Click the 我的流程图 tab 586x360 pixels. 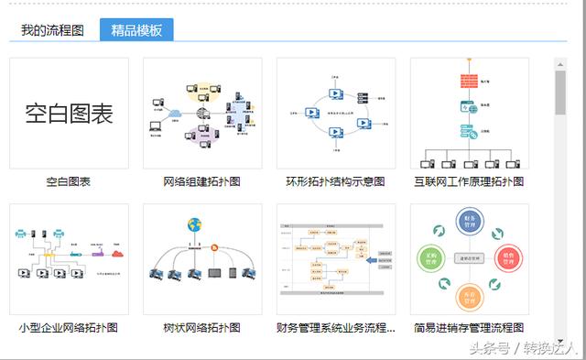point(52,30)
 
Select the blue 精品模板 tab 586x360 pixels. point(136,30)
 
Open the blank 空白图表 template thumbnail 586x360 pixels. point(69,114)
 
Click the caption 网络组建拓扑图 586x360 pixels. point(202,181)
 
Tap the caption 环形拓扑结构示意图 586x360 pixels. point(336,181)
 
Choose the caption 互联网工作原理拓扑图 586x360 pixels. point(469,181)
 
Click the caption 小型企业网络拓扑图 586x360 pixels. point(69,327)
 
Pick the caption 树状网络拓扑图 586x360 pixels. point(202,327)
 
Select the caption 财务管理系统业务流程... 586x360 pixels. point(336,327)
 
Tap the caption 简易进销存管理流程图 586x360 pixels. point(469,327)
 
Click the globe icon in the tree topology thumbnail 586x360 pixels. point(194,225)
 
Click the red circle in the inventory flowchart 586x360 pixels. point(504,258)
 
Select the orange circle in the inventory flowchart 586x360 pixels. point(470,295)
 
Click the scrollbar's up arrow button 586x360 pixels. point(559,64)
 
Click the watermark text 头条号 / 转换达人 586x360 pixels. point(523,349)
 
